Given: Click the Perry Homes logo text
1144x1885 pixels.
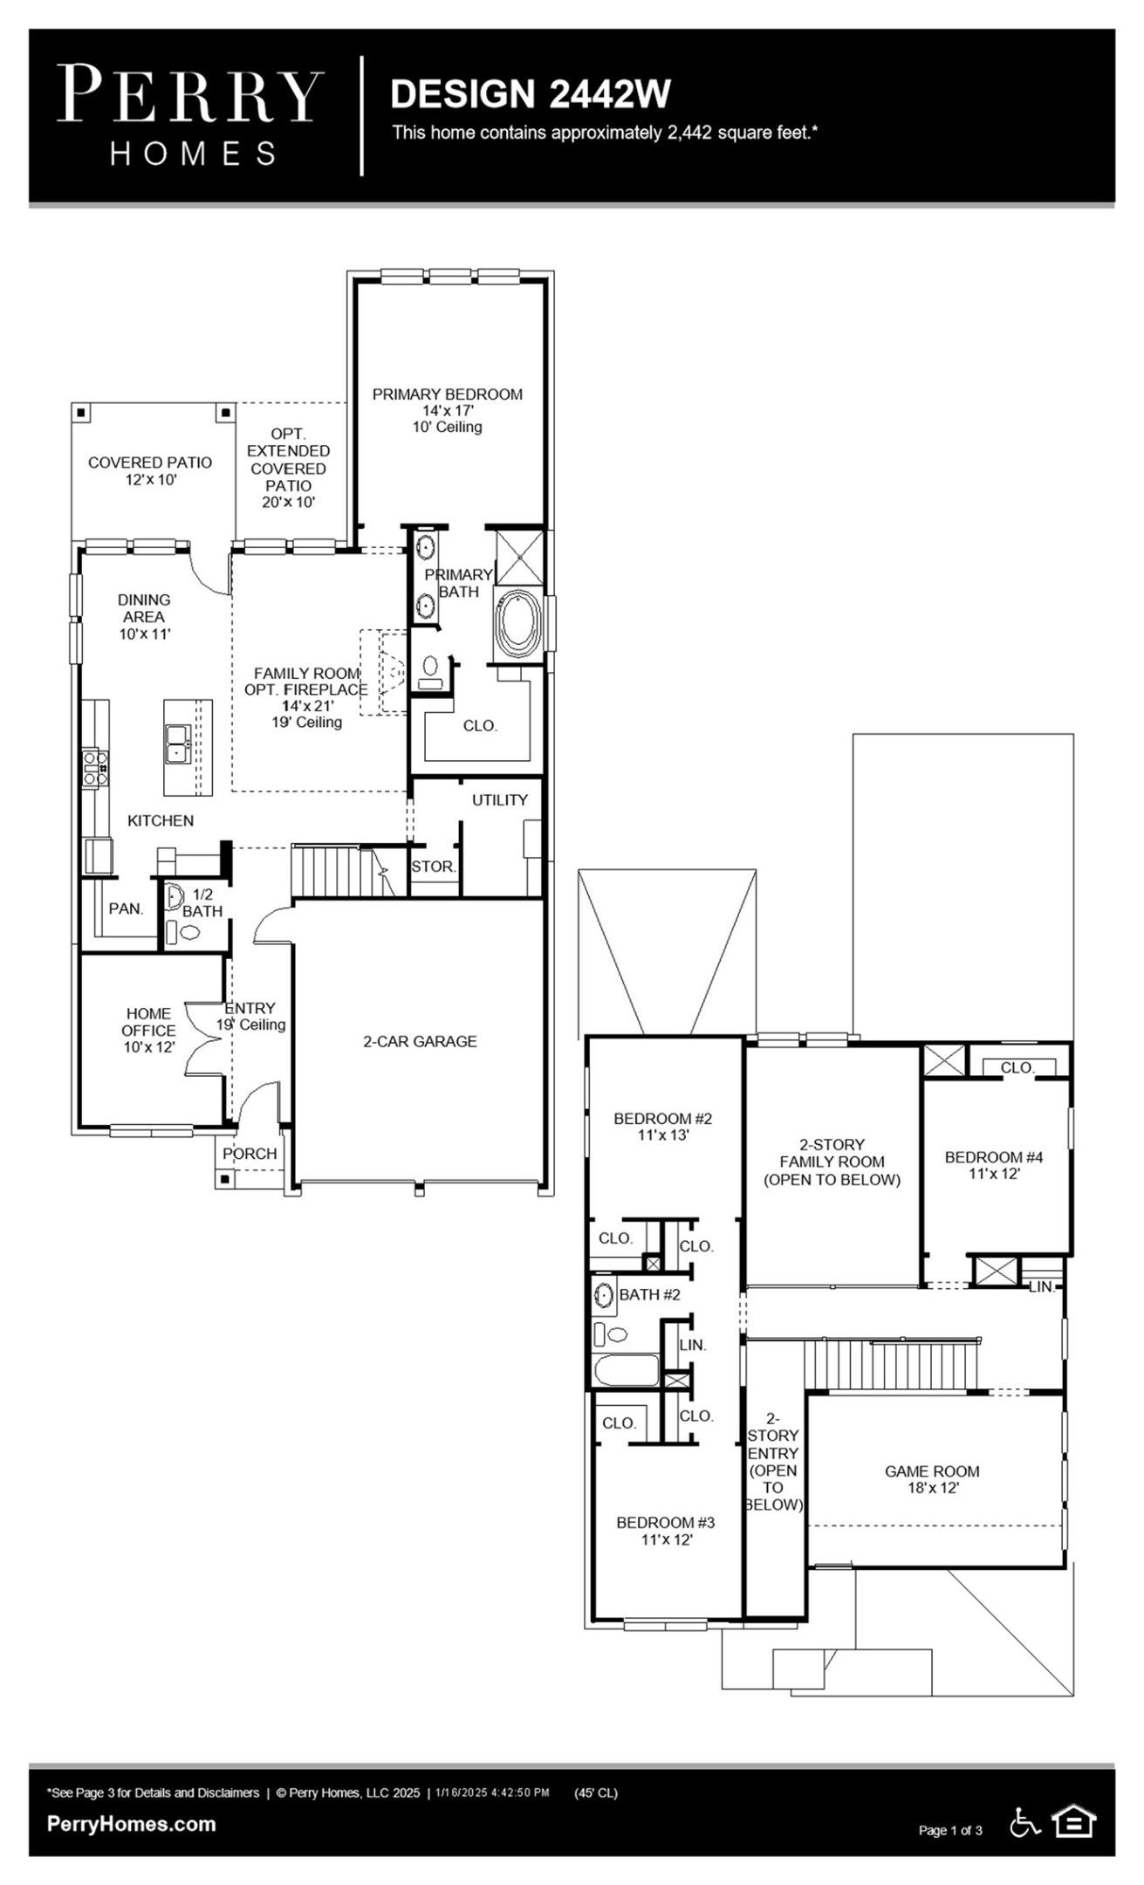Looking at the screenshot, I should tap(189, 113).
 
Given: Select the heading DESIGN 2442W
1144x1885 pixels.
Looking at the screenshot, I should tap(530, 94).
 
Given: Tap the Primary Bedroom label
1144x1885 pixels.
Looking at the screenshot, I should tap(447, 409).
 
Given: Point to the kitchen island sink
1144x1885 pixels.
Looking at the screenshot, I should tap(178, 744).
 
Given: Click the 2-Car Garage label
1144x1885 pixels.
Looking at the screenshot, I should tap(420, 1041).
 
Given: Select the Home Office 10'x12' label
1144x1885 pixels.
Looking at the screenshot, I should tap(148, 1030).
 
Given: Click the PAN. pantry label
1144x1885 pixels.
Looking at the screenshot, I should tap(126, 908).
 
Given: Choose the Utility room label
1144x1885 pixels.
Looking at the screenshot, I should tap(499, 799).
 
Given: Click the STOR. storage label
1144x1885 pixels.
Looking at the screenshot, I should tap(433, 867).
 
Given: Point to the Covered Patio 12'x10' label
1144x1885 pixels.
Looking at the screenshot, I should tap(150, 470).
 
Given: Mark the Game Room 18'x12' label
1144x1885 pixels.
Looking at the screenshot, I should tap(931, 1479).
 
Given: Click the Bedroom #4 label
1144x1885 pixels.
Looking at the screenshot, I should tap(993, 1165).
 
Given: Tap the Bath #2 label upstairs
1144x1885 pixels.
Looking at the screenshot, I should tap(649, 1294).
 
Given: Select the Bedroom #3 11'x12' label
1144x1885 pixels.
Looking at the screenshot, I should tap(665, 1531).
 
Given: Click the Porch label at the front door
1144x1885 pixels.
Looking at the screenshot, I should tap(250, 1154).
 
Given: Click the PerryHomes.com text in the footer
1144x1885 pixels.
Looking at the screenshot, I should tap(131, 1824).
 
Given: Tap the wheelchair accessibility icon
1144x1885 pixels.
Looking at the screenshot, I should tap(1024, 1822).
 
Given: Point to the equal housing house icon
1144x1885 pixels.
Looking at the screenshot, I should tap(1073, 1821).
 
